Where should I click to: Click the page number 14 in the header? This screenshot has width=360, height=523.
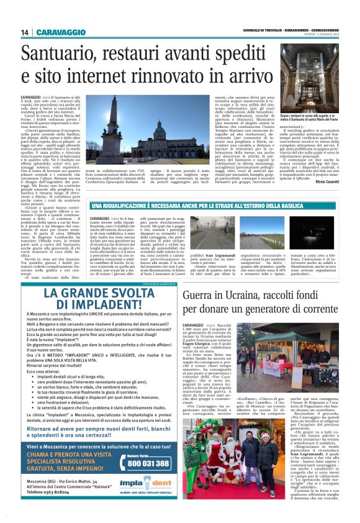(24, 33)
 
